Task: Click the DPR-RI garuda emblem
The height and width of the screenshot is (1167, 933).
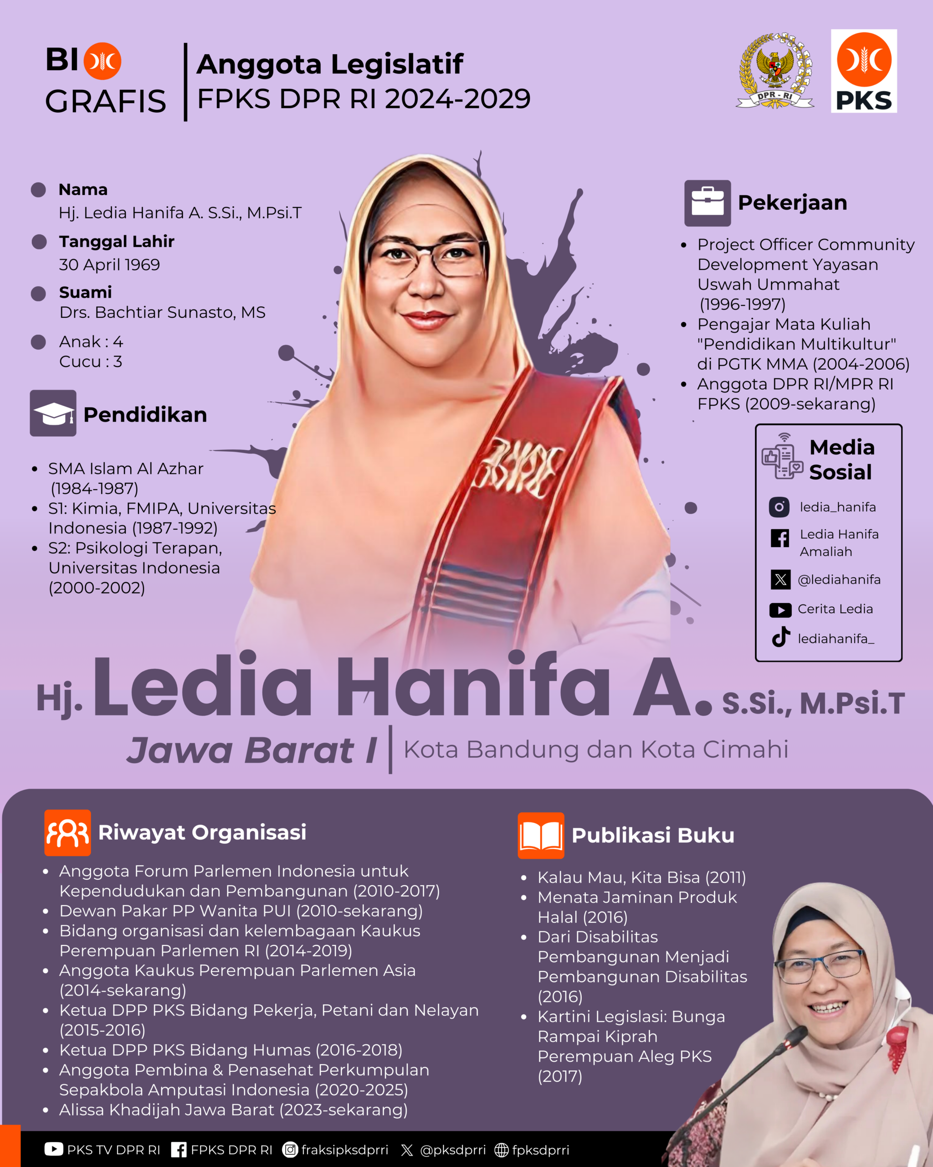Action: tap(774, 70)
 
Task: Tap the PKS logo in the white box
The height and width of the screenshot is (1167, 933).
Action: tap(864, 71)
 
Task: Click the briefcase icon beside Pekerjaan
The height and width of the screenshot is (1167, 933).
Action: tap(707, 203)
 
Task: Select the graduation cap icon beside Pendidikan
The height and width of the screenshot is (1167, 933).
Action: tap(53, 413)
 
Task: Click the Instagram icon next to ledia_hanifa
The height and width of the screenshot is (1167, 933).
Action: tap(779, 507)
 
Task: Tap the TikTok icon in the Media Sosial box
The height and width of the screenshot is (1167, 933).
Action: tap(780, 637)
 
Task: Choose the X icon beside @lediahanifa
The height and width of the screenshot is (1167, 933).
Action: tap(780, 580)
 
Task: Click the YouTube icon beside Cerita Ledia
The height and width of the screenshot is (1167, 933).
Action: tap(780, 610)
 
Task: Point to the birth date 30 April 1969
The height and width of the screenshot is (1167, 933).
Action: tap(109, 265)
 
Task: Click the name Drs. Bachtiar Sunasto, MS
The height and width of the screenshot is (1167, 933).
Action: tap(162, 312)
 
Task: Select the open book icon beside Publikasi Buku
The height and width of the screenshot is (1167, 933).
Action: tap(540, 835)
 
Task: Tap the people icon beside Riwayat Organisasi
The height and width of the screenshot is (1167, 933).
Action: tap(67, 832)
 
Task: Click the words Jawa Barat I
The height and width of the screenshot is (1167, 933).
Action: tap(252, 750)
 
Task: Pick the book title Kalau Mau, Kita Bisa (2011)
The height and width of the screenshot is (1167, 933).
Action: tap(641, 877)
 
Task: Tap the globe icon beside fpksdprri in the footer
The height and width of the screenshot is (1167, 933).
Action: tap(502, 1150)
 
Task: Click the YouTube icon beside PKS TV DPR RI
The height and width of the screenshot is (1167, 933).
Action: tap(54, 1149)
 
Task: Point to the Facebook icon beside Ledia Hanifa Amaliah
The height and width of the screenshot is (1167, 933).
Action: tap(779, 538)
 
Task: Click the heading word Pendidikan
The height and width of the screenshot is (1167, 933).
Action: tap(145, 415)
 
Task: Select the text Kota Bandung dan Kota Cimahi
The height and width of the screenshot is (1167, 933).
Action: tap(595, 750)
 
